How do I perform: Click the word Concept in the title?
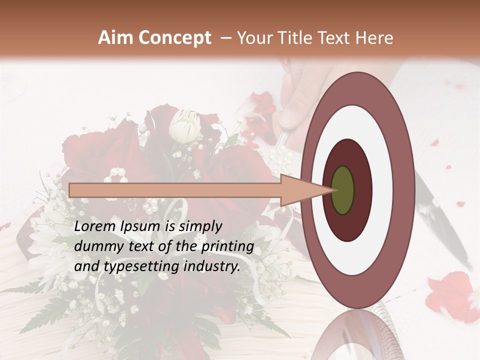(x=175, y=38)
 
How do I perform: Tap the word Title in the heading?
(x=296, y=38)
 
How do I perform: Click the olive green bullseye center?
(x=343, y=190)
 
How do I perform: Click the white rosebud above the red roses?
(x=184, y=126)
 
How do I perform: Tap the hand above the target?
(x=295, y=100)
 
